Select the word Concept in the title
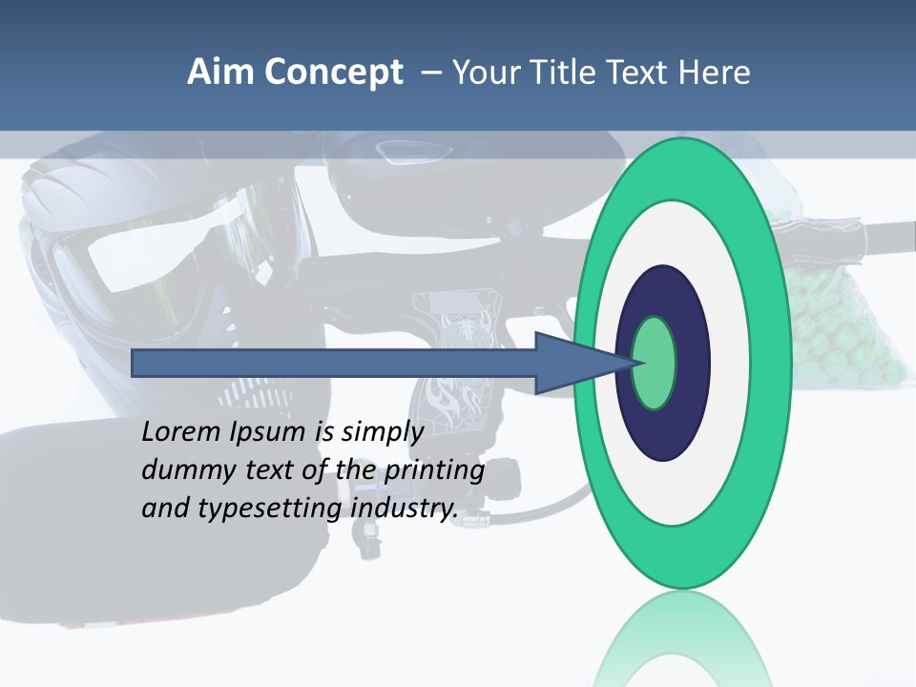pyautogui.click(x=333, y=73)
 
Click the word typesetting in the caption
pyautogui.click(x=272, y=509)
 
